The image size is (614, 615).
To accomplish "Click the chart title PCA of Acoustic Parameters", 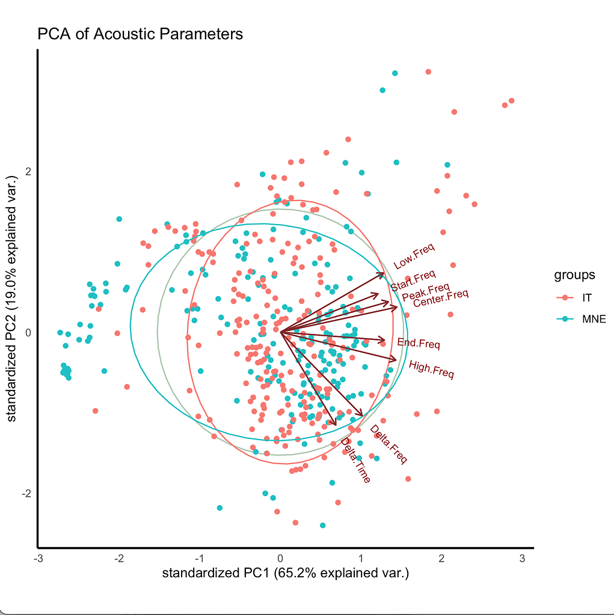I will tap(140, 34).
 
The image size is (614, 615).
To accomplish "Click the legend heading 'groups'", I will tap(574, 275).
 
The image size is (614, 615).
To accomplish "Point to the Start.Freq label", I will tap(413, 281).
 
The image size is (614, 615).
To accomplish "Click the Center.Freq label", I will tap(440, 297).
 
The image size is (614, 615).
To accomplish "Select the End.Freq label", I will tap(419, 344).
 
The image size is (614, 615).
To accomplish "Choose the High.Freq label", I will tap(431, 369).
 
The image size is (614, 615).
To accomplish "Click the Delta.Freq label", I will tap(388, 444).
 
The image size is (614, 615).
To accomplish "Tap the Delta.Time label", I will tap(355, 460).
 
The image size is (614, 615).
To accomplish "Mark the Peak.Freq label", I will tap(426, 292).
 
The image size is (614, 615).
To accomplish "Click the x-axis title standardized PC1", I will tap(285, 573).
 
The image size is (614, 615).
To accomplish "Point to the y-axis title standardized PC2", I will tap(12, 298).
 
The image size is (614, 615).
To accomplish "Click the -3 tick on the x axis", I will tap(39, 558).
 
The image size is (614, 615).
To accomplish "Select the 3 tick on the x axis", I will tap(522, 558).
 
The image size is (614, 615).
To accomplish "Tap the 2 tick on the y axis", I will tap(28, 171).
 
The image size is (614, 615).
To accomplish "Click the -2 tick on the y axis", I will tap(26, 494).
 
